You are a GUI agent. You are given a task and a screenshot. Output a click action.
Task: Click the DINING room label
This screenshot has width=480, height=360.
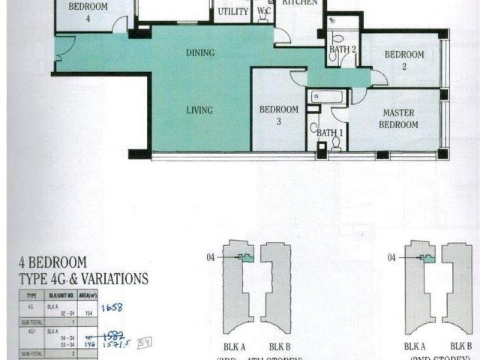point(200,53)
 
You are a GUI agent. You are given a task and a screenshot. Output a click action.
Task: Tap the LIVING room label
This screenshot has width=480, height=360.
point(199,110)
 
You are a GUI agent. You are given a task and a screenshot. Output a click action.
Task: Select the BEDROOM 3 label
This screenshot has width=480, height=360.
point(279,115)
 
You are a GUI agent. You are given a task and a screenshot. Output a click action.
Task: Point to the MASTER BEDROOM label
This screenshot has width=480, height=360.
point(399,118)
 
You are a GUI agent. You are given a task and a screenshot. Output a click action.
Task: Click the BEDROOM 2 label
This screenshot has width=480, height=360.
point(404,59)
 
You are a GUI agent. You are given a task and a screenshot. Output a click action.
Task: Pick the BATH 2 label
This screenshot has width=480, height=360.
point(342,50)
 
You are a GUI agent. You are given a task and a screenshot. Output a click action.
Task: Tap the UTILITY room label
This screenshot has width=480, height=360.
point(232,12)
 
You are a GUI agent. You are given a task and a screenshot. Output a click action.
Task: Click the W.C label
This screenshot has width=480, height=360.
point(264,12)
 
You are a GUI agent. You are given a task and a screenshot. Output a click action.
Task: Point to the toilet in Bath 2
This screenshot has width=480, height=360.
point(337,37)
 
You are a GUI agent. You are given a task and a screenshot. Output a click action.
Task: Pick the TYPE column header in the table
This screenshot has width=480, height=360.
point(32,296)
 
